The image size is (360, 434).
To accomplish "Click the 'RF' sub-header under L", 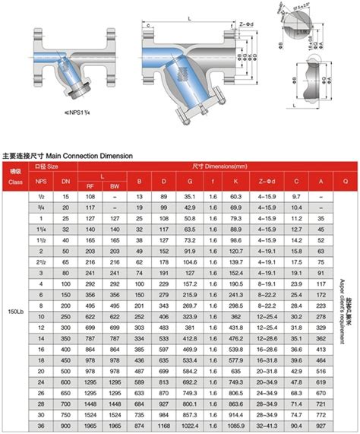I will click(90, 185).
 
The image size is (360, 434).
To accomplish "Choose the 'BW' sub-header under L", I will click(115, 185).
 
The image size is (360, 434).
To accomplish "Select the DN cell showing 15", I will click(65, 197).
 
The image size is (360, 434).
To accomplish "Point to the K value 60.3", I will click(236, 197).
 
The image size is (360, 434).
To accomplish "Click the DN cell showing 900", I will click(65, 427).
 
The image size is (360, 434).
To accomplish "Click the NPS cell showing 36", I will click(41, 427).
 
